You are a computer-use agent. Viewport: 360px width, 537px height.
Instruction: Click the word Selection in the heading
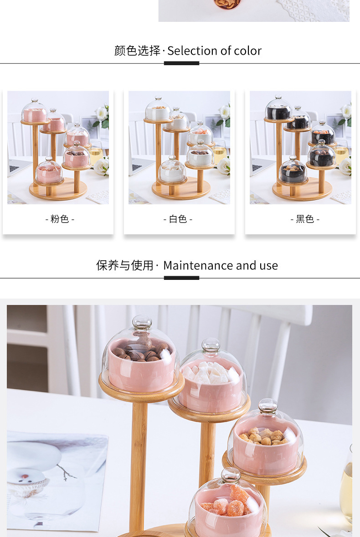(192, 51)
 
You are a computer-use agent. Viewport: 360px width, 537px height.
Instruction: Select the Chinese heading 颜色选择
(137, 51)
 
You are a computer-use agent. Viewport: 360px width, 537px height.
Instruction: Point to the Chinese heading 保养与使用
(124, 265)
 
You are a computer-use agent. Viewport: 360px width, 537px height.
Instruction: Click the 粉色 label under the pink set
(60, 219)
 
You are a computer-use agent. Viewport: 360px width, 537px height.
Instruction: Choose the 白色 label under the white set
(178, 219)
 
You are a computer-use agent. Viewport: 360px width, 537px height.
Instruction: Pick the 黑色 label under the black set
(305, 219)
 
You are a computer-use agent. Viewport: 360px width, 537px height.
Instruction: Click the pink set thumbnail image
(58, 148)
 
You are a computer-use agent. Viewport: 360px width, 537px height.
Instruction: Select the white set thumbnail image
(179, 148)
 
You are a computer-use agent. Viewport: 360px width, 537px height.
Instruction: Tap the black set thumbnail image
(300, 148)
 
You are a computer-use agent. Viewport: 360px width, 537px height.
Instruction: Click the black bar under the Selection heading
(181, 63)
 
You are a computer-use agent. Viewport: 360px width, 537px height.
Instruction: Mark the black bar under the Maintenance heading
(181, 278)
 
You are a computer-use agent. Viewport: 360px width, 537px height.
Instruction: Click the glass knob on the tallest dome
(142, 322)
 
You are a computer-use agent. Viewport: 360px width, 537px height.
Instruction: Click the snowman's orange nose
(25, 476)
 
